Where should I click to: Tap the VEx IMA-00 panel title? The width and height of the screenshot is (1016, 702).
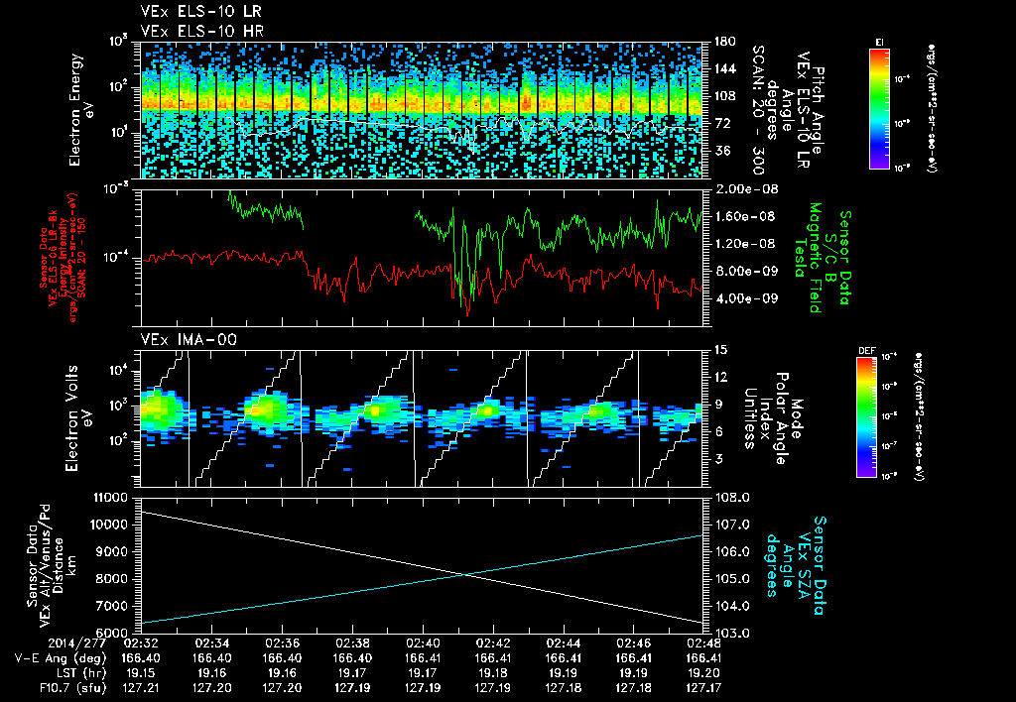coord(181,339)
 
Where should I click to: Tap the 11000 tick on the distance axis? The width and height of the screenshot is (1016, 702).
coord(112,496)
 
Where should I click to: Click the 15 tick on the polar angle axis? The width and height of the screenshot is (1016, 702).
coord(719,349)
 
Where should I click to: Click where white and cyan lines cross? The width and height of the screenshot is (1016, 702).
coord(465,573)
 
